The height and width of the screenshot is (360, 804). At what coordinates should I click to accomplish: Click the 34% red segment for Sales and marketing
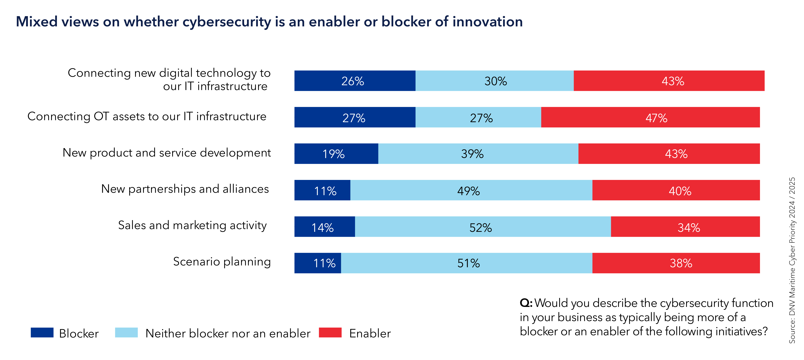click(x=685, y=227)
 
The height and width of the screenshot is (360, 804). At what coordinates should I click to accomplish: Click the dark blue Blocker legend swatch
click(x=42, y=333)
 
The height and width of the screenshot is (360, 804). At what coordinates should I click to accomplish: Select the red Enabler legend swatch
click(x=330, y=333)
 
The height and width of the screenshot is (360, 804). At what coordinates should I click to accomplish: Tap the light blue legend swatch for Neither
click(x=126, y=333)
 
